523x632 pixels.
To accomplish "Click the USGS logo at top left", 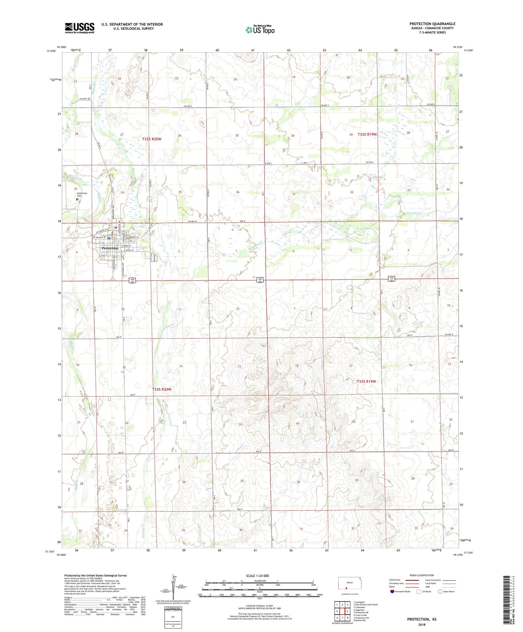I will tap(79, 28).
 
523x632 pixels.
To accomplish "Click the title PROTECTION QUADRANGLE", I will tap(432, 24).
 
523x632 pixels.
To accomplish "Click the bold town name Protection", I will tap(110, 248).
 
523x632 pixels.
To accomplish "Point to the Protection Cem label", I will tap(82, 195).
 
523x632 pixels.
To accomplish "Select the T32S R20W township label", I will tap(152, 139).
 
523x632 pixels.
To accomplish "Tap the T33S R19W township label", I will tap(366, 381).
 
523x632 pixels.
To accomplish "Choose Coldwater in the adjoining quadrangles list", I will tap(359, 607).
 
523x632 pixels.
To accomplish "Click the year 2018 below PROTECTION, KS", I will tap(422, 624).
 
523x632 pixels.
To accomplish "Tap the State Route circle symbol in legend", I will tap(440, 592).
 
